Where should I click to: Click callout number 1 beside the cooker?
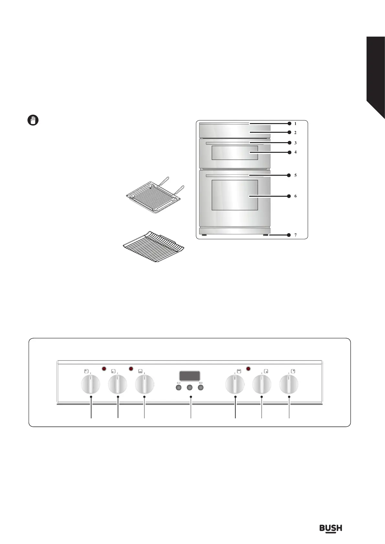[x=295, y=123]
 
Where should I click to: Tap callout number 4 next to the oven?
[x=295, y=152]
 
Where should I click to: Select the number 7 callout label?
[x=295, y=235]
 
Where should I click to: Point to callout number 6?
[x=295, y=196]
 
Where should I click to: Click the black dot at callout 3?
[x=289, y=143]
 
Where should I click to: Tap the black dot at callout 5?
[x=289, y=175]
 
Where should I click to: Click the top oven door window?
[x=235, y=152]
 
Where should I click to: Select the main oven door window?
[x=235, y=195]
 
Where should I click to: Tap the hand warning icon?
[x=32, y=120]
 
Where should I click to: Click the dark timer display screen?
[x=189, y=376]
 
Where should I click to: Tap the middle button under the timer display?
[x=190, y=387]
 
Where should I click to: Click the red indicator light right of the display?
[x=249, y=369]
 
